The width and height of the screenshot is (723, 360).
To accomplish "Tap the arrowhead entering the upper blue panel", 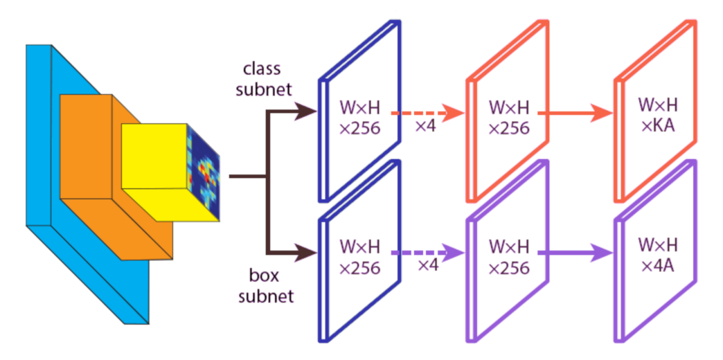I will (x=305, y=111).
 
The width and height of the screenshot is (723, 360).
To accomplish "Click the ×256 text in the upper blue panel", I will (x=360, y=127).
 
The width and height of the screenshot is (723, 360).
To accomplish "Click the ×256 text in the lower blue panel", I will (x=360, y=267).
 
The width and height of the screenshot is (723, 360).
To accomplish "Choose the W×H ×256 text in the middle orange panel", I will (x=509, y=118).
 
